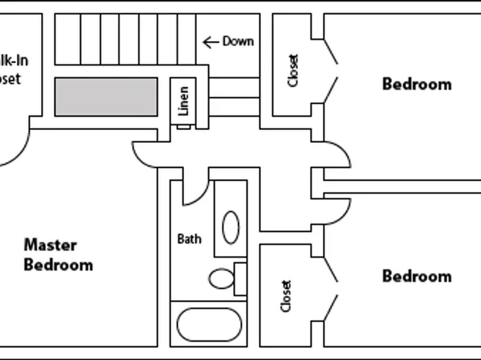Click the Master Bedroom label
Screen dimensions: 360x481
pos(57,254)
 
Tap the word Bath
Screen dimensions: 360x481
pos(189,239)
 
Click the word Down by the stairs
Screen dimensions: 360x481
pos(238,41)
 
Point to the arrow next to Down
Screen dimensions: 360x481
pos(211,41)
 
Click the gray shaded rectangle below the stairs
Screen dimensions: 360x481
pos(106,96)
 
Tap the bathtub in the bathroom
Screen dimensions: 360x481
pos(209,324)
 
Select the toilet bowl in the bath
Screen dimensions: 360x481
pos(220,279)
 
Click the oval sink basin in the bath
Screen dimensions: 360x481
pos(231,227)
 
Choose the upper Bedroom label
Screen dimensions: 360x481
pos(416,84)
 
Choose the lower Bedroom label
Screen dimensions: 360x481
pos(416,277)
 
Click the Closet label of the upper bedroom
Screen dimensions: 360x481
pos(293,70)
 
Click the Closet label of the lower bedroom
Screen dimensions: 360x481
pos(287,296)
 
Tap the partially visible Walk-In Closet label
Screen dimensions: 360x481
pos(10,69)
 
